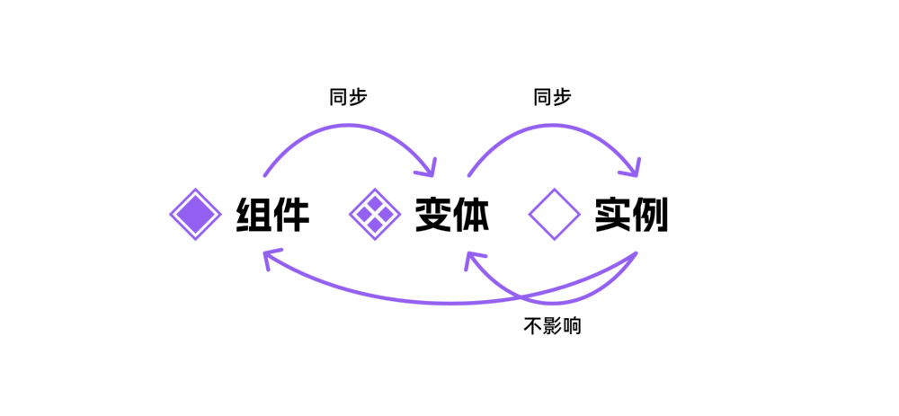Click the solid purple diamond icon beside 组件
[195, 215]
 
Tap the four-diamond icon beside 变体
[374, 215]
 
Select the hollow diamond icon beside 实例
[555, 215]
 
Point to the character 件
[291, 215]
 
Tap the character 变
[433, 215]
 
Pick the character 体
[470, 215]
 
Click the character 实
[612, 215]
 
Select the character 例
[650, 215]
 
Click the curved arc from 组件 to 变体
[346, 131]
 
